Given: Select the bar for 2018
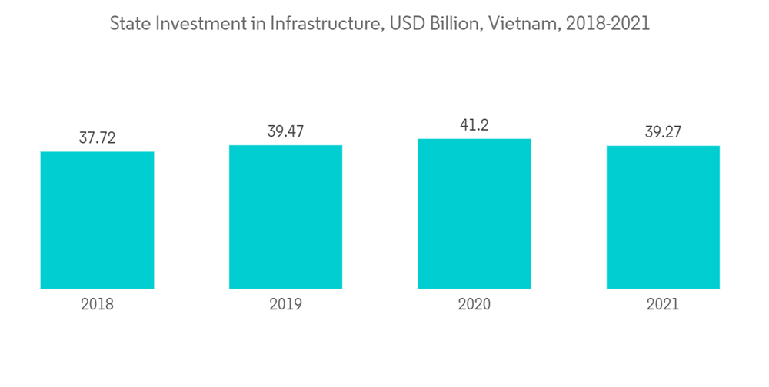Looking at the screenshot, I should pos(97,220).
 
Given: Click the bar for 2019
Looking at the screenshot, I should pos(285,217).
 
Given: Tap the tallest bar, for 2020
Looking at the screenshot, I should pos(474,214).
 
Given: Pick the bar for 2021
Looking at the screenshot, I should pos(663,217).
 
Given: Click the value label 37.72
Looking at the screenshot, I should pos(97,138).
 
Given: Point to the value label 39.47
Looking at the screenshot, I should pos(285,131).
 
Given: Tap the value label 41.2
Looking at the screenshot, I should pos(474,125).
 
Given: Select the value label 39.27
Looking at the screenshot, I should pos(663,132).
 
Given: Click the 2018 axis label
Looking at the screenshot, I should pos(97,305).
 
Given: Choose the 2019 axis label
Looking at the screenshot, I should pos(285,305).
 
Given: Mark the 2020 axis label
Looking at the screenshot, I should pos(474,305).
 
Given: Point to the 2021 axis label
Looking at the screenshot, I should pos(663,305).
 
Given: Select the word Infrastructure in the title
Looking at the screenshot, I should pos(324,25).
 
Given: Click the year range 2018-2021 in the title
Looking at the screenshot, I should pos(608,25).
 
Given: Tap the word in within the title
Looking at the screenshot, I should pos(256,25).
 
